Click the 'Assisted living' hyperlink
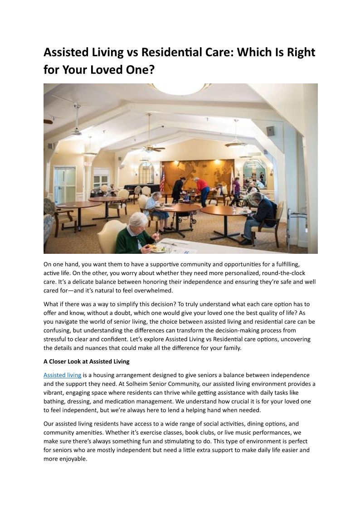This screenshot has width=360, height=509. click(62, 375)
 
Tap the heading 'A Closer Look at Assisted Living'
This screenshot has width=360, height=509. click(87, 361)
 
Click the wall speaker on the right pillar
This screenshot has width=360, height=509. click(271, 131)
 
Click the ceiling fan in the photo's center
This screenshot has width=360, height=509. click(148, 146)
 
